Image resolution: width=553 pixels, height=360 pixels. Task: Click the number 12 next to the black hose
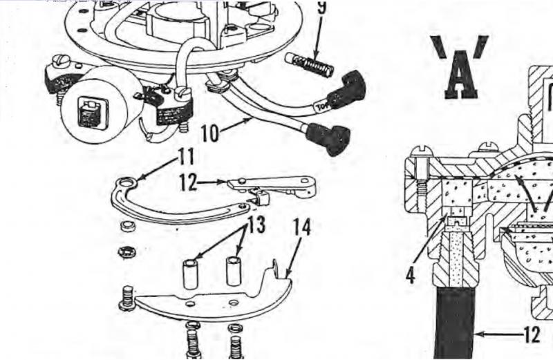530,335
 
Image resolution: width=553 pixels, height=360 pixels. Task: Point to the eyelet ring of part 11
124,182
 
